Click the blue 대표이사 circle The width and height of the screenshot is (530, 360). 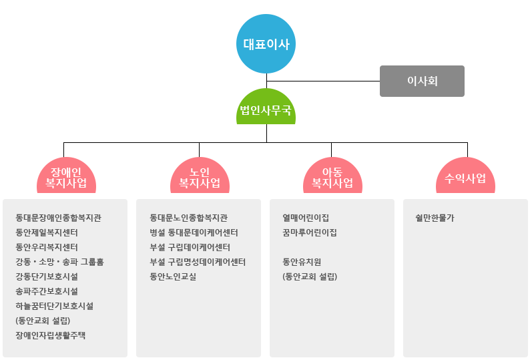point(266,45)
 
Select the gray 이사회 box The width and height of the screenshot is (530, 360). point(422,81)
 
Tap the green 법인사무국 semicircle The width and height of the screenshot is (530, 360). point(266,110)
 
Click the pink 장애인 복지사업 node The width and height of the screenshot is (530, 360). point(66,177)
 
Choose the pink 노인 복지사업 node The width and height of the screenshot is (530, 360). point(200,177)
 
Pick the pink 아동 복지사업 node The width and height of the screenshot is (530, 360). point(332,177)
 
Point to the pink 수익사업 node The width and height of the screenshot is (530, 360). point(465,178)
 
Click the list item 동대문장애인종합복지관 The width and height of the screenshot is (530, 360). point(59,218)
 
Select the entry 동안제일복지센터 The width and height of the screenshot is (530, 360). point(47,232)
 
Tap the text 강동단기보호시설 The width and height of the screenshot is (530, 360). point(47,277)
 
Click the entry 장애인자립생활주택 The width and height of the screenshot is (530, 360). point(51,335)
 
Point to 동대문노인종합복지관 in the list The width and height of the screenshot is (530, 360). point(189,218)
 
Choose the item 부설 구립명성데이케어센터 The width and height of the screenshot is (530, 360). point(198,262)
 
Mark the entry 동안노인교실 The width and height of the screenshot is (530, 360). point(173,277)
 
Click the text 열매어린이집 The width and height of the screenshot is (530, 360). point(306,218)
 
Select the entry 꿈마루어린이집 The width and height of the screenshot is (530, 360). point(310,232)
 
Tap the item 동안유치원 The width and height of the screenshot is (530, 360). point(302,262)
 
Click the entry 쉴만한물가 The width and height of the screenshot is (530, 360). point(435,218)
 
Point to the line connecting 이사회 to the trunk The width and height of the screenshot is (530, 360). point(323,81)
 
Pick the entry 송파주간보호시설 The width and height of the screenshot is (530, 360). point(47,291)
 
